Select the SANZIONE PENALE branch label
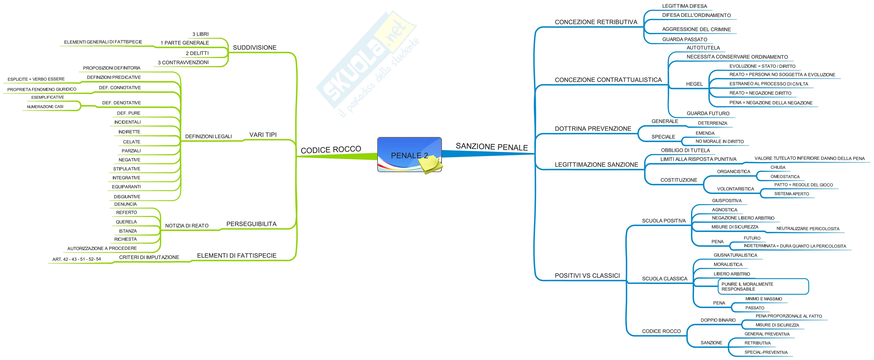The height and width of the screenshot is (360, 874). pos(492,147)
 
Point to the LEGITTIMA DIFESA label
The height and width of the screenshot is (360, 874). pos(684,6)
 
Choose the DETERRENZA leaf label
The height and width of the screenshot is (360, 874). pos(712,123)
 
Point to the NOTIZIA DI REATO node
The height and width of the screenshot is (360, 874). pos(187,226)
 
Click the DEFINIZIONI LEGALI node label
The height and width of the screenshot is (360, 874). pos(208,136)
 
